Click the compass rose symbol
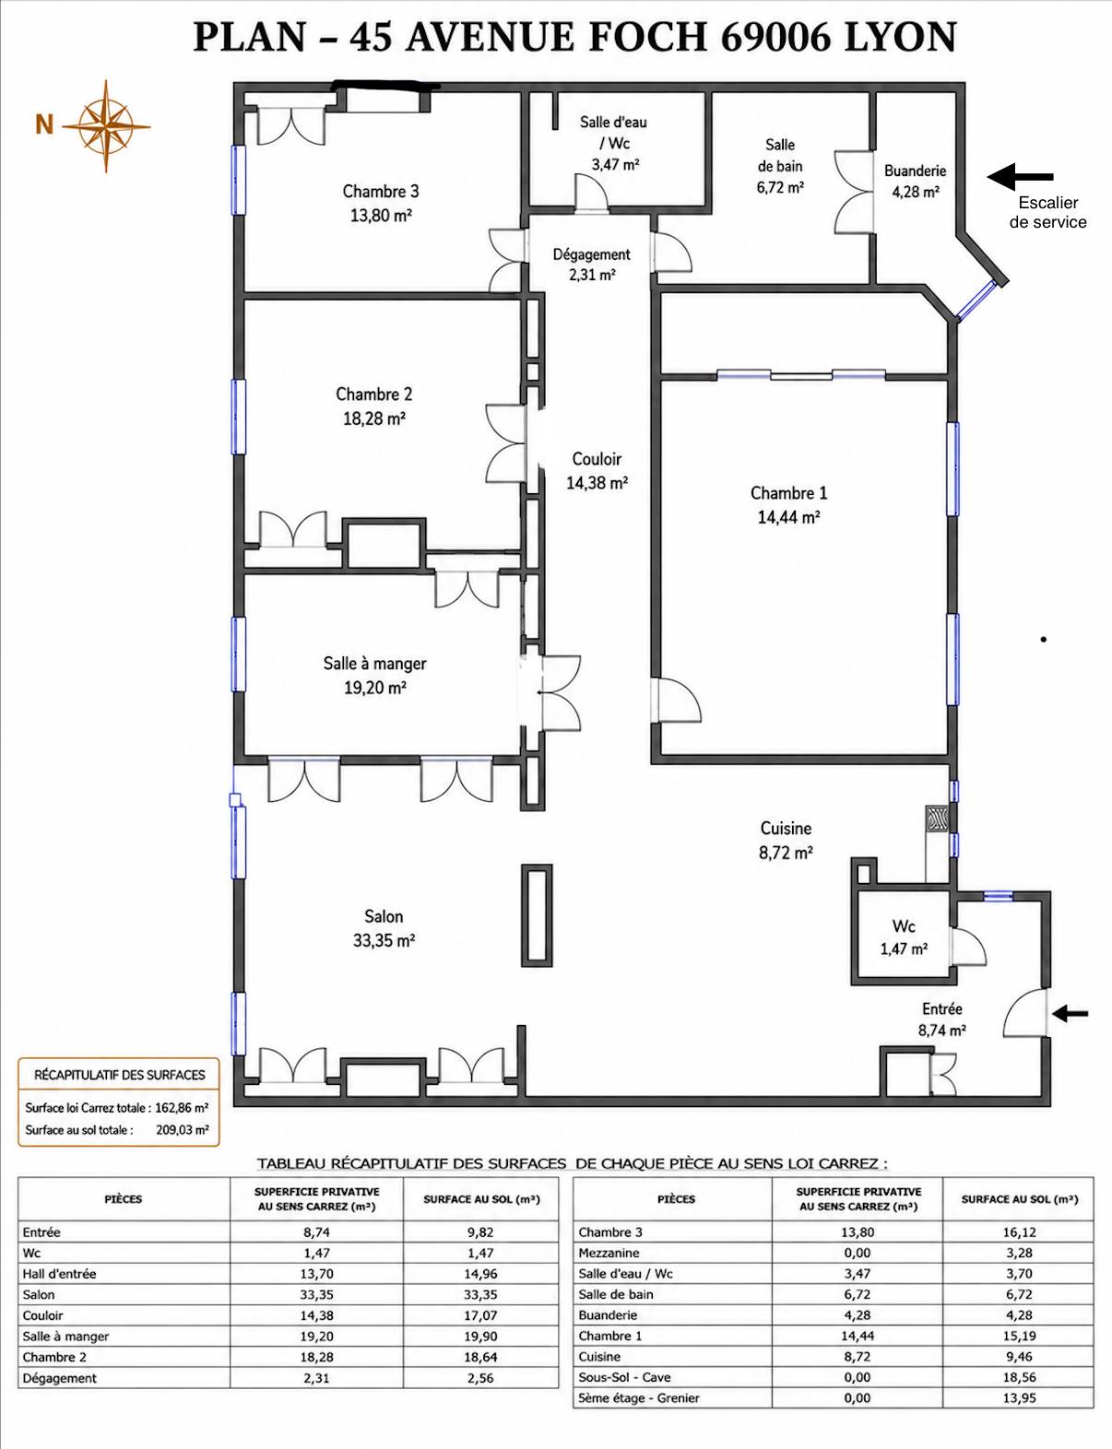pyautogui.click(x=106, y=126)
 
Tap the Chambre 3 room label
pyautogui.click(x=380, y=192)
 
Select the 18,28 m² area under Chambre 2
pyautogui.click(x=374, y=418)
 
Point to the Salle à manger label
pyautogui.click(x=374, y=664)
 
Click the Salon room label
pyautogui.click(x=384, y=916)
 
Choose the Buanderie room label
pyautogui.click(x=915, y=171)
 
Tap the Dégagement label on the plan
pyautogui.click(x=591, y=254)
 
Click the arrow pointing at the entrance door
pyautogui.click(x=1070, y=1014)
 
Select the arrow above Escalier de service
pyautogui.click(x=1020, y=177)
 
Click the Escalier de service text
pyautogui.click(x=1048, y=212)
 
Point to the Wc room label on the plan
pyautogui.click(x=904, y=925)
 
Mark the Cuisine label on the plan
pyautogui.click(x=786, y=828)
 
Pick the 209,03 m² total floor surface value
pyautogui.click(x=183, y=1129)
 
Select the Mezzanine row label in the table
pyautogui.click(x=609, y=1253)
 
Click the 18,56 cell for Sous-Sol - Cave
pyautogui.click(x=1019, y=1377)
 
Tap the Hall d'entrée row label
pyautogui.click(x=59, y=1274)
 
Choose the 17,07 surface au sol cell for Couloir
pyautogui.click(x=480, y=1315)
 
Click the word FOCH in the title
pyautogui.click(x=647, y=37)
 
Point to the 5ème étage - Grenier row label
pyautogui.click(x=638, y=1397)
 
